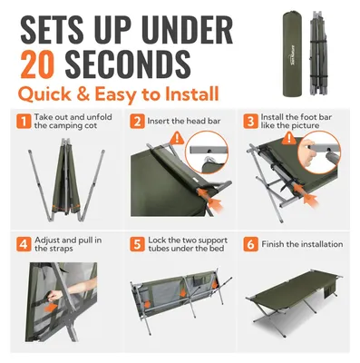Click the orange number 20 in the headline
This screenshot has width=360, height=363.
click(x=37, y=64)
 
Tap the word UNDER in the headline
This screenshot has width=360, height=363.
click(x=187, y=29)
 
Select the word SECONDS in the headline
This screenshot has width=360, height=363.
click(x=128, y=64)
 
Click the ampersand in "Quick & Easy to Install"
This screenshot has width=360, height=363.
click(x=83, y=94)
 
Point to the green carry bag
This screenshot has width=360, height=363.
click(x=293, y=54)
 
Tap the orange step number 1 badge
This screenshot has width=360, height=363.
click(x=24, y=122)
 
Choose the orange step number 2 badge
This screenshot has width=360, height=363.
click(x=137, y=122)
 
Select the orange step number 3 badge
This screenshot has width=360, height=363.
click(x=251, y=122)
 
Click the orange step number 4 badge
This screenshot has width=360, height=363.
click(x=24, y=244)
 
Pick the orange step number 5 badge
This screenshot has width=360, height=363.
click(x=137, y=244)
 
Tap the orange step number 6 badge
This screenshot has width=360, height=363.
click(x=251, y=244)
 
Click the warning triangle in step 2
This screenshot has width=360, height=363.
click(x=177, y=139)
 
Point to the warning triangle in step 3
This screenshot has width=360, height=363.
click(x=289, y=139)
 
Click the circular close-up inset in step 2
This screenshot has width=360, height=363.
click(x=207, y=152)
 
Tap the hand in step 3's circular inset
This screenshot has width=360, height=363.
click(x=306, y=152)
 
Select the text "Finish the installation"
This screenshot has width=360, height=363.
click(x=302, y=244)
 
